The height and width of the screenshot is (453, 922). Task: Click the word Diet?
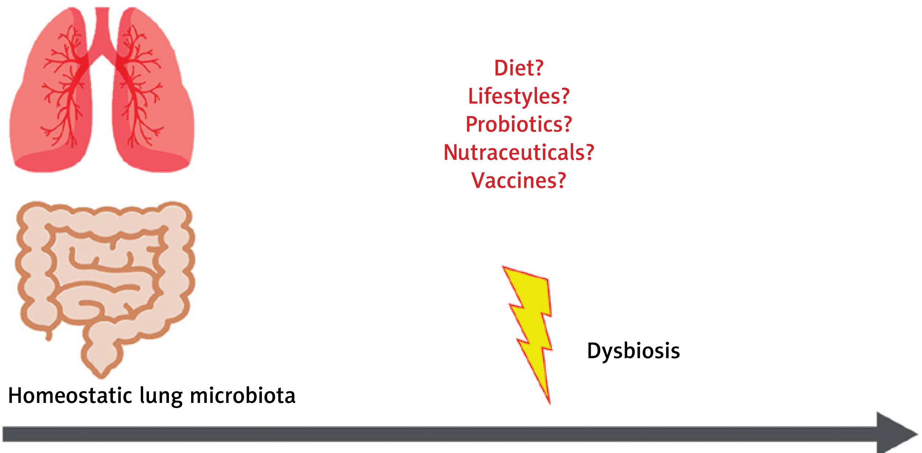(x=519, y=68)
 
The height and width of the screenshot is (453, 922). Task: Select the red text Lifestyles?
(x=519, y=97)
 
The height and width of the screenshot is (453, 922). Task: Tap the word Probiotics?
(x=519, y=124)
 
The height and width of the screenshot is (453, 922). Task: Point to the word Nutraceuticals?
(x=519, y=152)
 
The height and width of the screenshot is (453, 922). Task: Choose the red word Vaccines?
(x=519, y=180)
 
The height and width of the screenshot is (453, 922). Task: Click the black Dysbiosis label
(x=633, y=351)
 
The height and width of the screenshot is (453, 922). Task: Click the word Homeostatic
(x=70, y=396)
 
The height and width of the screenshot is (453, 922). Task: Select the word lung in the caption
(x=161, y=397)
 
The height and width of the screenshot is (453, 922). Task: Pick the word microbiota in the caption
(x=243, y=396)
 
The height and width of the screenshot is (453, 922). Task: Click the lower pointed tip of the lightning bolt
(x=550, y=404)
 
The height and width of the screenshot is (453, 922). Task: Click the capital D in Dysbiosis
(x=594, y=350)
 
